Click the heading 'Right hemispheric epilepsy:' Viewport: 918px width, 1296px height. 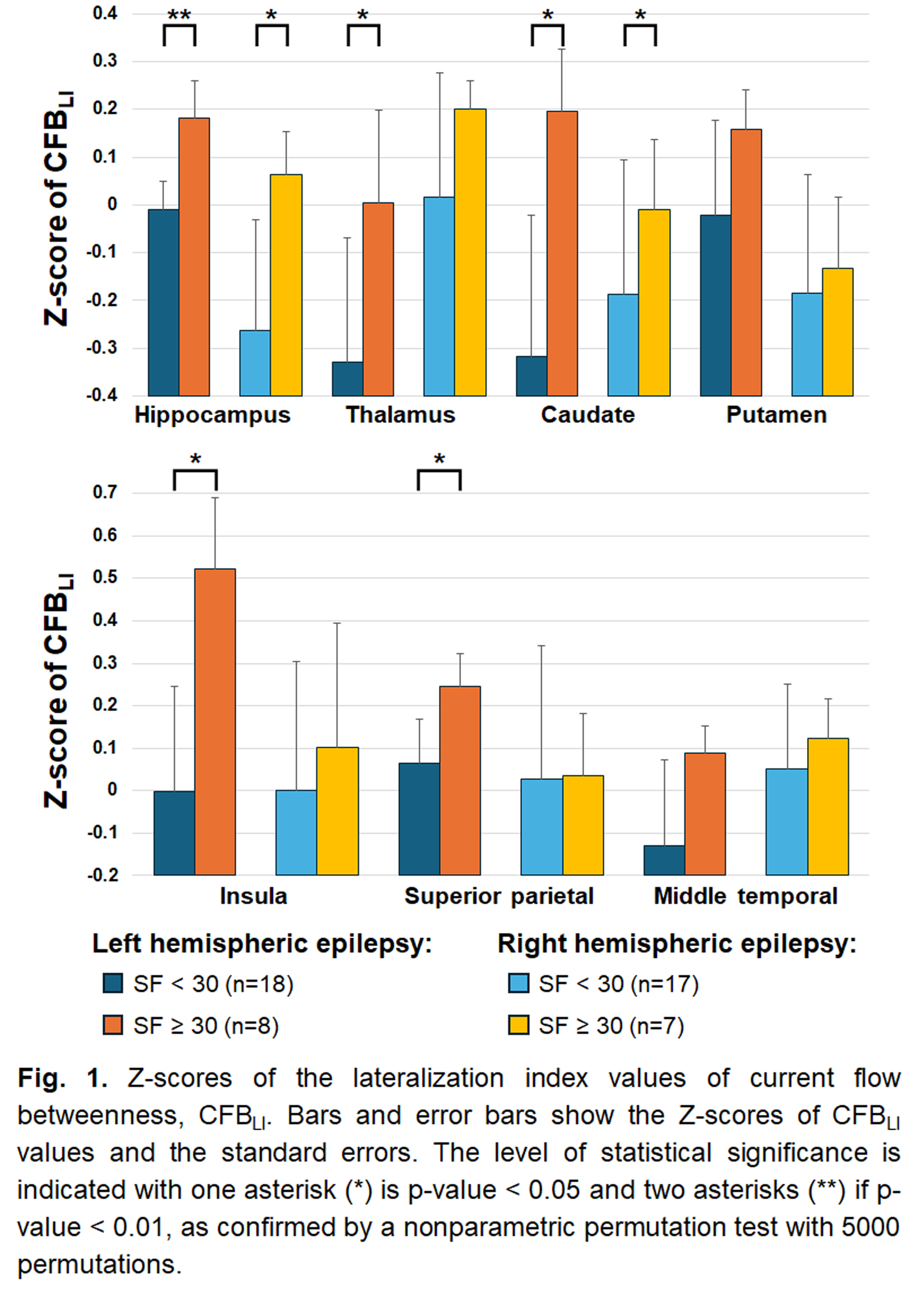point(677,944)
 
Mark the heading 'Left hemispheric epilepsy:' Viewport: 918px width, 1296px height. point(262,944)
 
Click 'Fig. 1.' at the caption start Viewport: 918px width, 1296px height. point(62,1078)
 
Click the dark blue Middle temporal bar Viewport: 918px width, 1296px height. point(664,860)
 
